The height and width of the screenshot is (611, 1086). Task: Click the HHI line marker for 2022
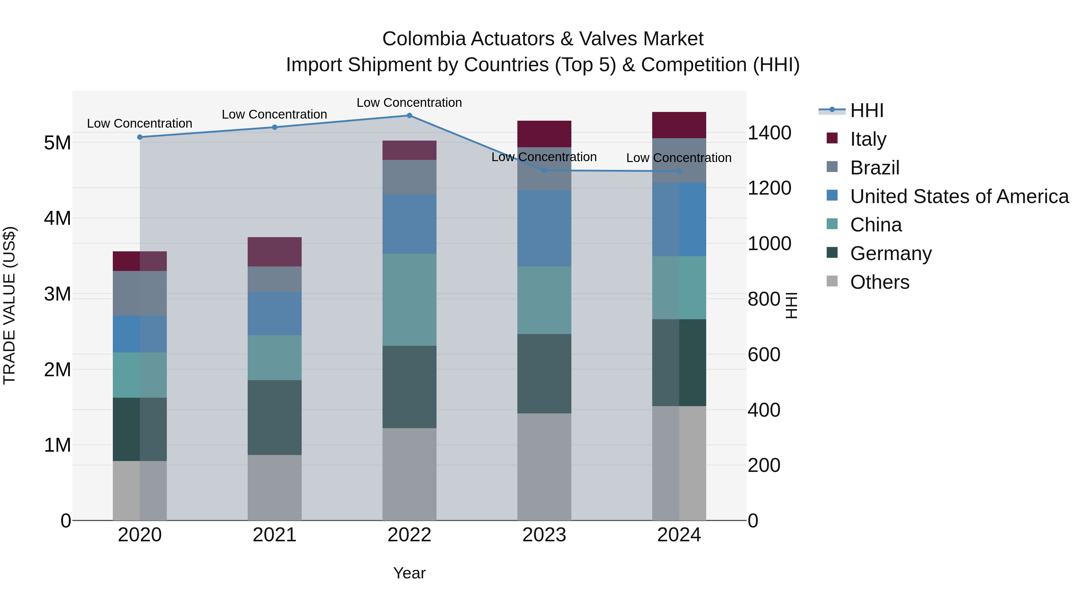(x=409, y=116)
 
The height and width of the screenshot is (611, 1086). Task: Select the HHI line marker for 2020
(x=140, y=137)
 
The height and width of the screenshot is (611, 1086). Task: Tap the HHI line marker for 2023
(x=544, y=170)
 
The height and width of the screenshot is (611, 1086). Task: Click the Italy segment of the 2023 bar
(x=544, y=134)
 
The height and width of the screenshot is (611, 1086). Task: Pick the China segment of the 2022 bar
(x=409, y=300)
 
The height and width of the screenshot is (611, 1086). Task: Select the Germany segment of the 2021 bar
(x=275, y=418)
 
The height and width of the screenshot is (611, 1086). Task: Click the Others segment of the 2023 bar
(x=544, y=466)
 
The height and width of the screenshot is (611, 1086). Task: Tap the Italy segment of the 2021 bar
(x=275, y=252)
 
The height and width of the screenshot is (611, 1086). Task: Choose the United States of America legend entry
(x=959, y=196)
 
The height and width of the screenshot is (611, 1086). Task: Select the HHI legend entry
(x=866, y=110)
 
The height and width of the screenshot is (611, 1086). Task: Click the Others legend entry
(x=879, y=282)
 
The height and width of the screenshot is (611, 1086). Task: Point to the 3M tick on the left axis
(x=57, y=294)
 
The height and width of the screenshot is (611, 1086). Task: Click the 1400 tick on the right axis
(x=769, y=133)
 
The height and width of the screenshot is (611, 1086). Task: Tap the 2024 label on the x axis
(x=679, y=535)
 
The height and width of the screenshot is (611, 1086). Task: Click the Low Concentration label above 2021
(x=275, y=114)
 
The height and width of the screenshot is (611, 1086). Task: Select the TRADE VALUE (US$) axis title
(x=9, y=305)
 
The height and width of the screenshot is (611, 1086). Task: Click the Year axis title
(x=409, y=573)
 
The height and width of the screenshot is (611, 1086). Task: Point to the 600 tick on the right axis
(x=764, y=355)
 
